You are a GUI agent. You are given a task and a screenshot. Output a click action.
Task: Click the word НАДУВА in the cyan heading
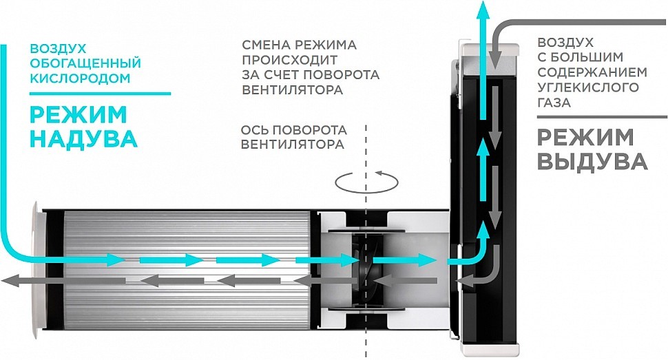coord(85,138)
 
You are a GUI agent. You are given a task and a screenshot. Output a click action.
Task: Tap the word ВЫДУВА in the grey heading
coord(592,162)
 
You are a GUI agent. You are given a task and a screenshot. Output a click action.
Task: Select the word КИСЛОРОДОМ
coord(79,78)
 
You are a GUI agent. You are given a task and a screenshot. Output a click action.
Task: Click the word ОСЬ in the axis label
coord(252,130)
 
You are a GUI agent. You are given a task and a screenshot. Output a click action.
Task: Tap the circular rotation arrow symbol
coord(366,181)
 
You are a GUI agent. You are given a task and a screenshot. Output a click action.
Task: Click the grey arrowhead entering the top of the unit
coord(494,54)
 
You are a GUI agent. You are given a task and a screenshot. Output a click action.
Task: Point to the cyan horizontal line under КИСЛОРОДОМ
coord(100,93)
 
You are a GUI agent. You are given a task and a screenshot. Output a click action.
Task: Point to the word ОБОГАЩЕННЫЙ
coord(85,64)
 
